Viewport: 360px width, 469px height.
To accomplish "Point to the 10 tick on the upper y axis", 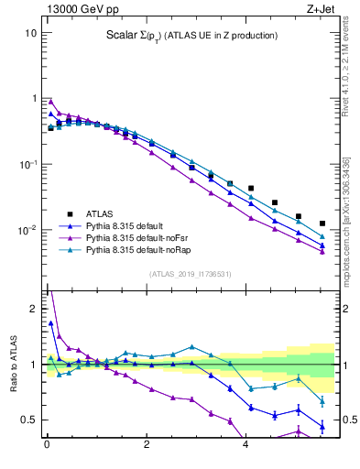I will [29, 33].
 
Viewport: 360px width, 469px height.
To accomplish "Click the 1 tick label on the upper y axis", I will [32, 98].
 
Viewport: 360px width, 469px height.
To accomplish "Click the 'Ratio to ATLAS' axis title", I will [14, 365].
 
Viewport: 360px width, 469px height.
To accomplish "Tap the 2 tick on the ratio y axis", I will [32, 309].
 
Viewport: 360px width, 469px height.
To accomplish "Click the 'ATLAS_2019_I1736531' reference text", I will [190, 274].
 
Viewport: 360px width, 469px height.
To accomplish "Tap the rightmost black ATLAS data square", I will [322, 224].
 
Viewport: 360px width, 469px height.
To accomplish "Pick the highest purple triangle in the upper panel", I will [51, 102].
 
